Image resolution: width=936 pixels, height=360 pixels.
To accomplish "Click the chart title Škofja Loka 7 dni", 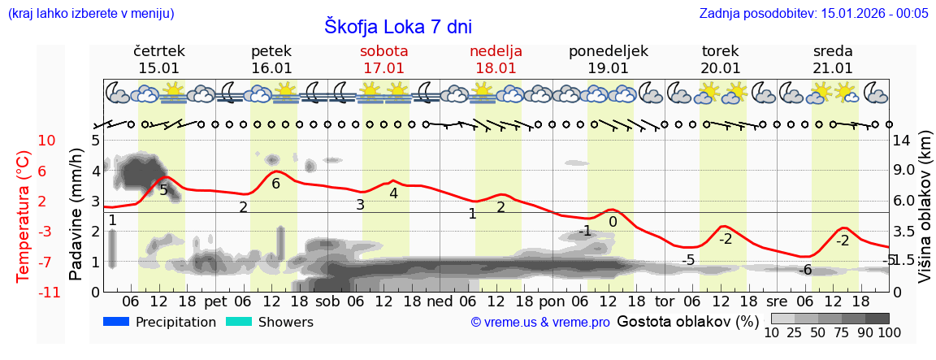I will (x=397, y=26).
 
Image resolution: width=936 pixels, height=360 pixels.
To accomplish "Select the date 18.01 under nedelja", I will (x=496, y=68).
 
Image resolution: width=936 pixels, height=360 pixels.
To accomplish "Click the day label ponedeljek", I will (x=608, y=51).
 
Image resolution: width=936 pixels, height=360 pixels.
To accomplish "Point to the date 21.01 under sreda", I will (x=833, y=68).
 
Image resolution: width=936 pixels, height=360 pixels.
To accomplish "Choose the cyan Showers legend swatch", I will (x=238, y=322).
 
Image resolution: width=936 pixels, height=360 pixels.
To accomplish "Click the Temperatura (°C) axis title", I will (x=24, y=216).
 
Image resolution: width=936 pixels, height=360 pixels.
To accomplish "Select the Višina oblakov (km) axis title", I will (x=925, y=216).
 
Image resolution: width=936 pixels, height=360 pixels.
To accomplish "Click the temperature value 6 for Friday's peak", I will (x=275, y=184).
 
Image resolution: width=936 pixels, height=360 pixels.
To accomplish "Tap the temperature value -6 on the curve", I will (x=805, y=270).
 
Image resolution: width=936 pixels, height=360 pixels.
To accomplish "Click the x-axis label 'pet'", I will (x=215, y=301).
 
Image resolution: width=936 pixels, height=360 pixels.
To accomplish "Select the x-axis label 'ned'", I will (x=440, y=301).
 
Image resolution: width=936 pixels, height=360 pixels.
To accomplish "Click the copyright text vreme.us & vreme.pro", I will (x=540, y=322).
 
